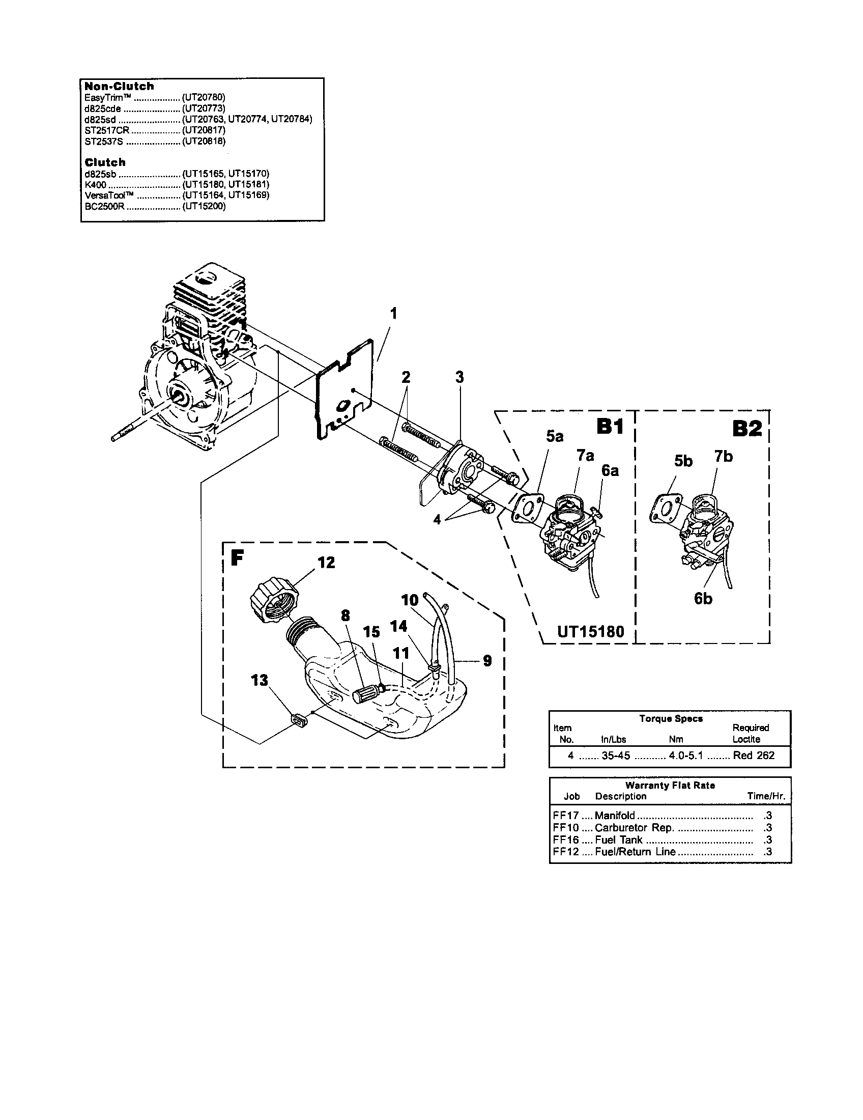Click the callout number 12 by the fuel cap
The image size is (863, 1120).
pyautogui.click(x=326, y=563)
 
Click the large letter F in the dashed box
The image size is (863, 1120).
pyautogui.click(x=237, y=558)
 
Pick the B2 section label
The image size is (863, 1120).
pyautogui.click(x=747, y=428)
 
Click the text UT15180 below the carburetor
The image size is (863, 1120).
pyautogui.click(x=590, y=631)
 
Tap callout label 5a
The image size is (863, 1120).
pyautogui.click(x=555, y=436)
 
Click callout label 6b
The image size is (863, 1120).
pyautogui.click(x=703, y=599)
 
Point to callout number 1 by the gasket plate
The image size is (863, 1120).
pyautogui.click(x=393, y=313)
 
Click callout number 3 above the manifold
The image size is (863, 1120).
pyautogui.click(x=459, y=377)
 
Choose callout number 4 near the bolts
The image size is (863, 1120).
pyautogui.click(x=437, y=520)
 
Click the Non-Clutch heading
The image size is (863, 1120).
pyautogui.click(x=119, y=86)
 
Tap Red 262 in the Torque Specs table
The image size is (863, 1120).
pyautogui.click(x=753, y=755)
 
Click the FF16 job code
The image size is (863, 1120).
pyautogui.click(x=566, y=839)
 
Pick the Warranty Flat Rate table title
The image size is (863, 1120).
pyautogui.click(x=670, y=785)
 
